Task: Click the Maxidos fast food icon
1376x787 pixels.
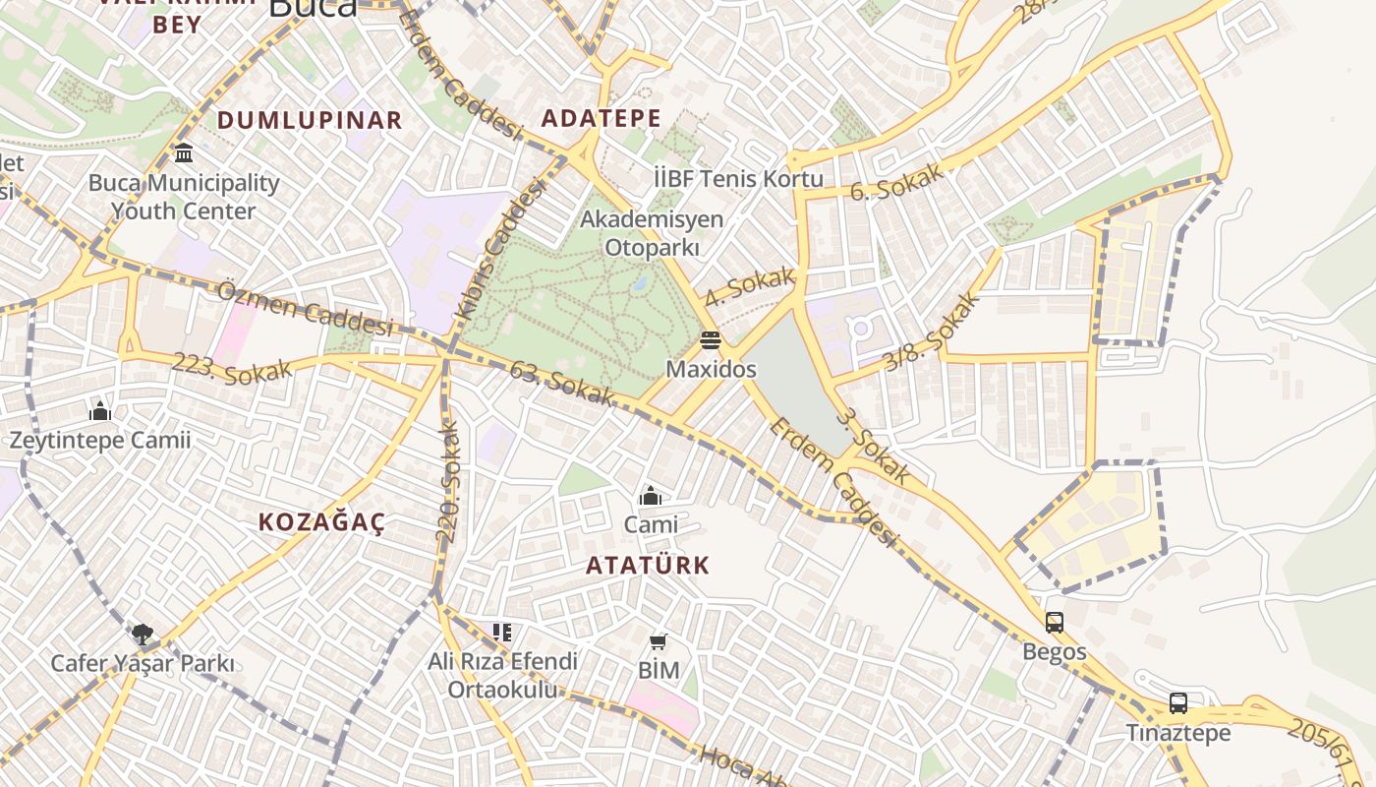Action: (711, 340)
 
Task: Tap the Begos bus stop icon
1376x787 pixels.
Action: (1055, 623)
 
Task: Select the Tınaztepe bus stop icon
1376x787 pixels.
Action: (1178, 703)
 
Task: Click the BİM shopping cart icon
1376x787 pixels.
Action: (659, 642)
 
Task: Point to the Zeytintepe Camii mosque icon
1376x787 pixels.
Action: (100, 411)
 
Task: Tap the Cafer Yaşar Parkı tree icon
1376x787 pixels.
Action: (143, 634)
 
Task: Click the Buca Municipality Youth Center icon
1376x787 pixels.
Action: (184, 153)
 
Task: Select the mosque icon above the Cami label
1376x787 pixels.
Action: (650, 496)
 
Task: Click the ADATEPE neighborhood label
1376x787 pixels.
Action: (602, 119)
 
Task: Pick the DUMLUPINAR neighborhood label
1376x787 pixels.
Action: (310, 120)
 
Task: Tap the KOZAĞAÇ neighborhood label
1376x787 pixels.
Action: (321, 522)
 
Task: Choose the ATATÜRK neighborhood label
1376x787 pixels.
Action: (648, 566)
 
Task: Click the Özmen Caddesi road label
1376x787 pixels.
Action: (305, 307)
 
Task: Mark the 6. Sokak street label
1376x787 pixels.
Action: (895, 182)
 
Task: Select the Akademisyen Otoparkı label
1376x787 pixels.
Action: (652, 233)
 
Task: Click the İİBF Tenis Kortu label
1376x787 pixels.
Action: (738, 178)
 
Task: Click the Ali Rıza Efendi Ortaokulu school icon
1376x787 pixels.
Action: (502, 633)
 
